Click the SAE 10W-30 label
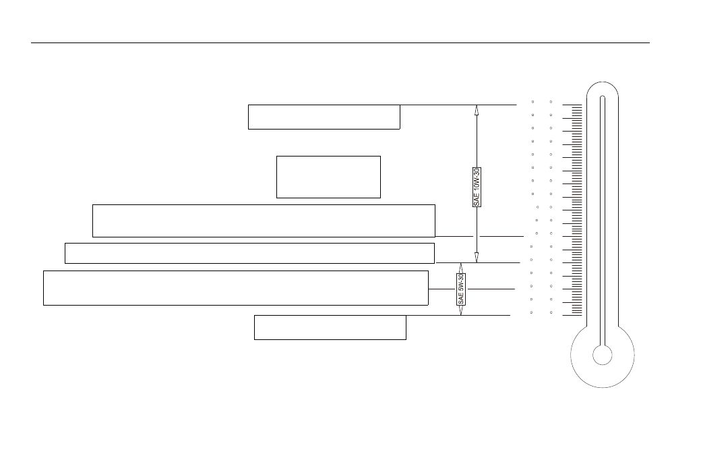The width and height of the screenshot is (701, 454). pos(477,187)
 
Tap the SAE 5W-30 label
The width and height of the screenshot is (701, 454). pos(461,289)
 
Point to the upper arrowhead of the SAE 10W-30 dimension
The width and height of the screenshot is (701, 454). pos(477,110)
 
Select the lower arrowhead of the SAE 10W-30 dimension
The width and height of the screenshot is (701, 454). pos(477,258)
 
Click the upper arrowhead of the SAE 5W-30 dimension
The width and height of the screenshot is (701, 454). pos(461,268)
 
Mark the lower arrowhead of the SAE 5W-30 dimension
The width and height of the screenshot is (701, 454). pos(461,310)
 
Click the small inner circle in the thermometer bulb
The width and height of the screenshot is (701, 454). pos(602,355)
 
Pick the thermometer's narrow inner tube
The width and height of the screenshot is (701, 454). pos(602,221)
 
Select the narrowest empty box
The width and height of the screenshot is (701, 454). pos(329,177)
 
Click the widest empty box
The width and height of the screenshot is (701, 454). pos(236,288)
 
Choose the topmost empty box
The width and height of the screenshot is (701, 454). pos(324,117)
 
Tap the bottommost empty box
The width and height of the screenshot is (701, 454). pos(330,327)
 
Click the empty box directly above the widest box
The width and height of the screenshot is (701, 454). pos(249,253)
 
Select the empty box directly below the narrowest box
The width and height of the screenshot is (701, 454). pos(264,221)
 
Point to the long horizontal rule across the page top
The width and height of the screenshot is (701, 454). pos(340,43)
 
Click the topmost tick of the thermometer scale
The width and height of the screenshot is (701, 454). pos(572,105)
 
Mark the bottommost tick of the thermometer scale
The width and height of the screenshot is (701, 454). pos(572,315)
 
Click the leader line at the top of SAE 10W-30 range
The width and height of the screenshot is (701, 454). pos(458,105)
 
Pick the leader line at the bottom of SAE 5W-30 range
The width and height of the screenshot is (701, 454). pos(458,315)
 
